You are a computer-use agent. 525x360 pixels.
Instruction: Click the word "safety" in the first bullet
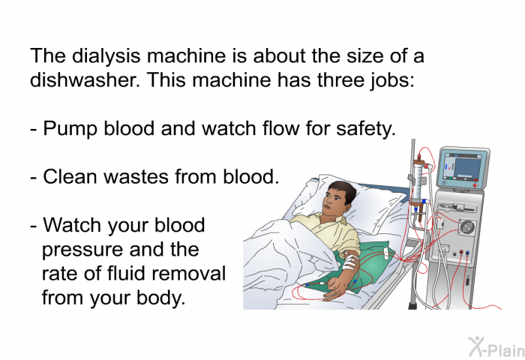[366, 128]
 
